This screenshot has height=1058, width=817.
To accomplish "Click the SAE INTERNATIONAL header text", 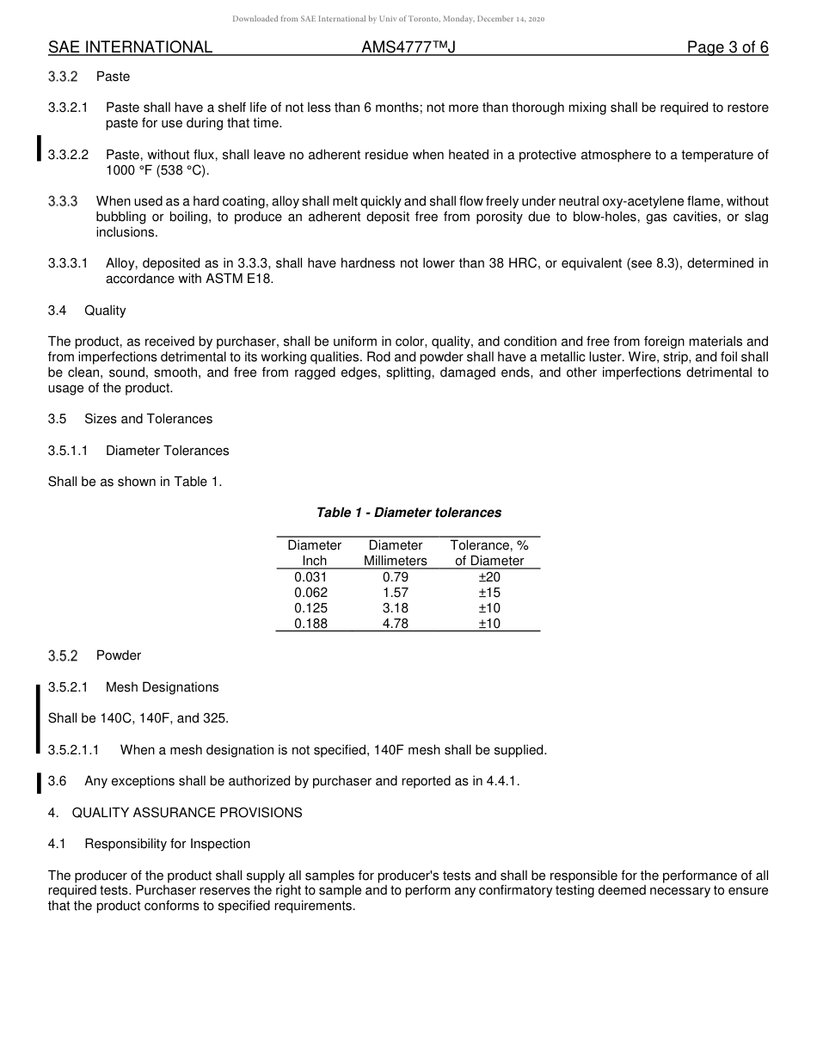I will coord(130,47).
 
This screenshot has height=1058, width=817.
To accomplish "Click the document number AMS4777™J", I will coord(408,47).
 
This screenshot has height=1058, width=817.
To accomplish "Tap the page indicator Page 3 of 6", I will coord(727,47).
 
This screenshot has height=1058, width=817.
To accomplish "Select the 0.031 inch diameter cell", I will coord(310,577).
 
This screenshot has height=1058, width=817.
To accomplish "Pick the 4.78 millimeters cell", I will coord(395,624).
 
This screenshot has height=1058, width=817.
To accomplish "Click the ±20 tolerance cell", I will coord(489,577).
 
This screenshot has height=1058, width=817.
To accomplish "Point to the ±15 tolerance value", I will coord(489,593).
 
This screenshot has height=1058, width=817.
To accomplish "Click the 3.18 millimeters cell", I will coord(395,608).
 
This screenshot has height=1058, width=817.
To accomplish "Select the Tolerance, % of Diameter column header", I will coord(489,552).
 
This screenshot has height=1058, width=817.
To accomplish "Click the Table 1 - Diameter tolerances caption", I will coord(408,513).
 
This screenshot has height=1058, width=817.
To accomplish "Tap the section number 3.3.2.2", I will coord(69,155).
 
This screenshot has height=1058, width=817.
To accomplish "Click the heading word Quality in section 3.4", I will coord(105,311).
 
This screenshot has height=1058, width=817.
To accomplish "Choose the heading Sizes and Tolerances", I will coord(148,419).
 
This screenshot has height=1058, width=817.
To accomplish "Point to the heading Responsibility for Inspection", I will coord(167,844).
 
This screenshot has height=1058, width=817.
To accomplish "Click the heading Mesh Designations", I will coord(162,687).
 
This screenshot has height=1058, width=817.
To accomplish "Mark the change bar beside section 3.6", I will coord(39,782).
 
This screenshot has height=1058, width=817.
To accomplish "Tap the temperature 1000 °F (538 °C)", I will coord(157,170).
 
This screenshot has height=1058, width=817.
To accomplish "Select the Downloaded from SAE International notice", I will coord(388,18).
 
